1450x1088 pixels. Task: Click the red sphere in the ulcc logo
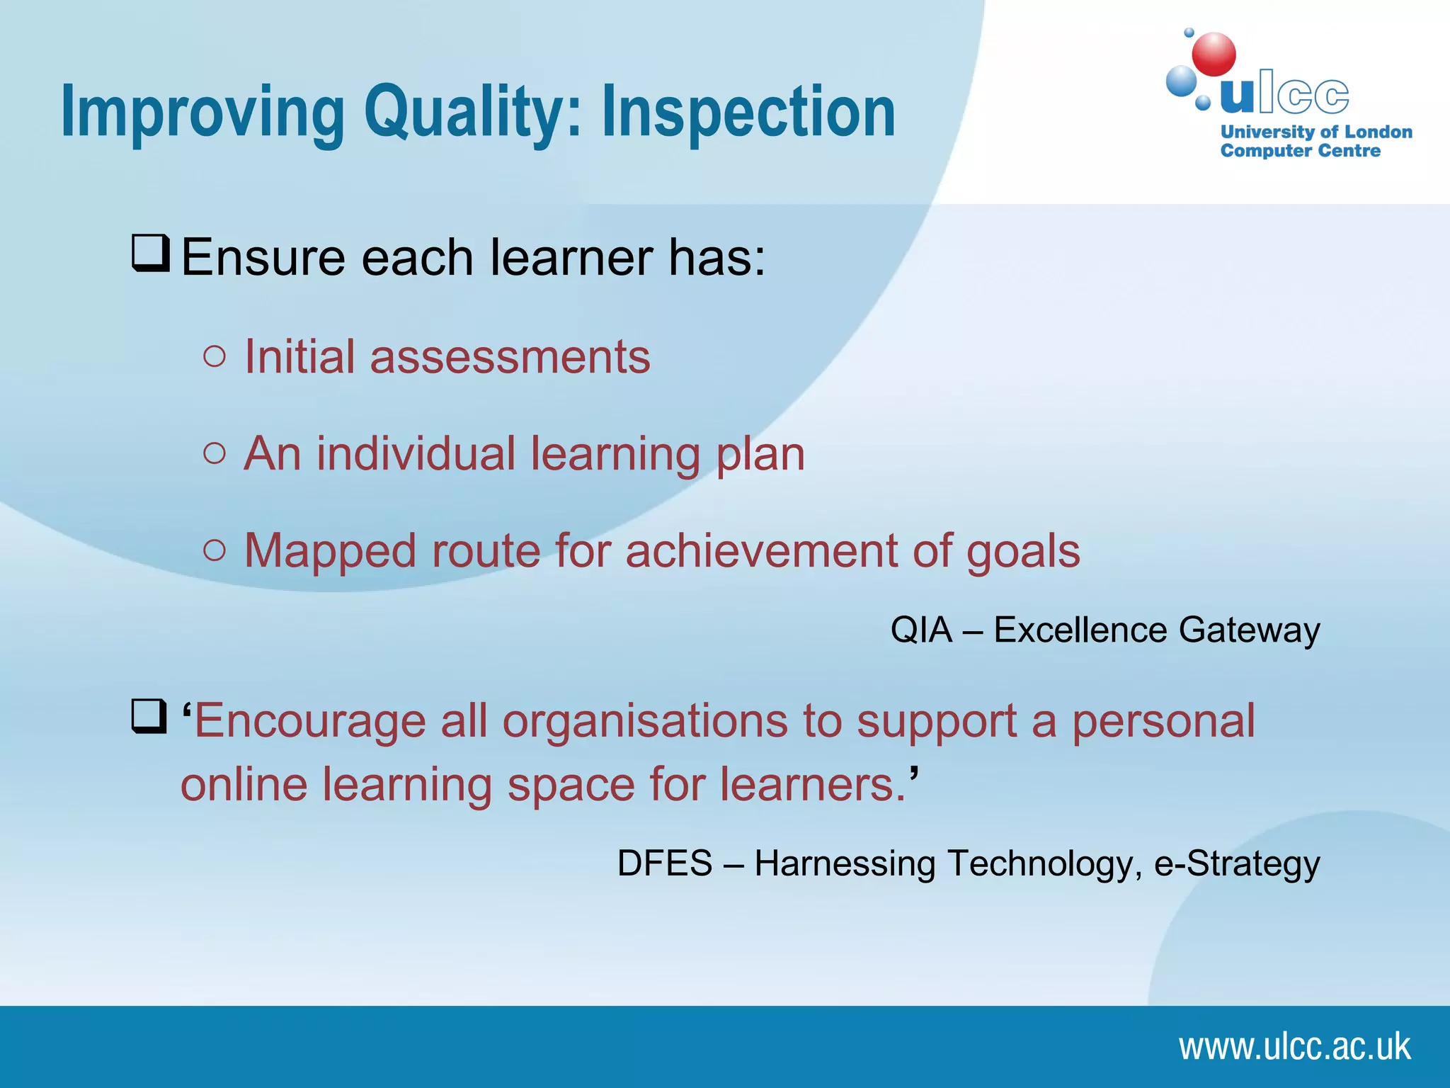[x=1214, y=55]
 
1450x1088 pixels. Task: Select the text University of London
[x=1316, y=132]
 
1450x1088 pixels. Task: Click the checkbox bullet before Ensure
[x=151, y=254]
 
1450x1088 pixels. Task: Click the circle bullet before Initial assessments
[x=214, y=356]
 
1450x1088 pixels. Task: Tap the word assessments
[x=510, y=357]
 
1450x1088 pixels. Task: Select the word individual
[x=416, y=453]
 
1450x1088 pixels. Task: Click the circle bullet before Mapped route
[x=214, y=550]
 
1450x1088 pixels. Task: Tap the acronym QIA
[x=921, y=630]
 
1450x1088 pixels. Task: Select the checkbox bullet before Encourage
[x=149, y=717]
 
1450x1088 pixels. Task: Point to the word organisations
[x=645, y=721]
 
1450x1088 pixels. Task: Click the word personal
[x=1163, y=721]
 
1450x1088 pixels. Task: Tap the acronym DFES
[x=665, y=863]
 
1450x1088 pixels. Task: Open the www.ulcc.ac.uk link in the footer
[x=1294, y=1047]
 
